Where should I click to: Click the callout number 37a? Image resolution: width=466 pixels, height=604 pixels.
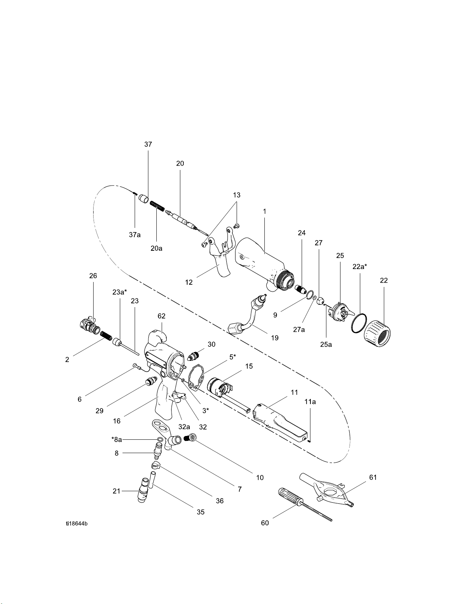tap(135, 235)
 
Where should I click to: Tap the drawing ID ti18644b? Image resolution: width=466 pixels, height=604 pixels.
tap(76, 524)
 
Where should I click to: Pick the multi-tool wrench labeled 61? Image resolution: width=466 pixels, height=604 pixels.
tap(327, 492)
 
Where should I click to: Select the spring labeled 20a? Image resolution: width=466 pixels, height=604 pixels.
tap(157, 207)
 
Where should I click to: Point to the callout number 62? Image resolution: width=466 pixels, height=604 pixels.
tap(161, 316)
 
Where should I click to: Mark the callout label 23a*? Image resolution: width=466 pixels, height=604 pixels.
tap(119, 292)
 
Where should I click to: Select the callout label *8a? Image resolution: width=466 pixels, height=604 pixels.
tap(116, 439)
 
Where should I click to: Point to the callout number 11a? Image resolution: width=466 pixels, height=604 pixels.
tap(310, 402)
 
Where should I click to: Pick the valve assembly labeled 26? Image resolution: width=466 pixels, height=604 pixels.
tap(90, 324)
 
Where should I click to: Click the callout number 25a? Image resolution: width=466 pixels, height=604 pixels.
tap(326, 344)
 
